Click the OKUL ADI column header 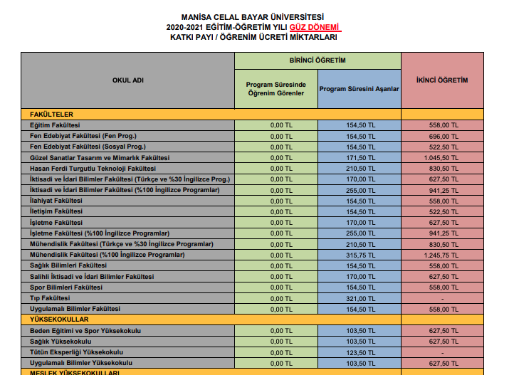click(128, 80)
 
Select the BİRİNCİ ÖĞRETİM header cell click(318, 60)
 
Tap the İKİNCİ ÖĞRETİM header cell click(441, 80)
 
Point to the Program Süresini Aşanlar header click(360, 89)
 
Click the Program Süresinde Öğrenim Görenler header click(276, 89)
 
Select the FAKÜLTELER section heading click(52, 114)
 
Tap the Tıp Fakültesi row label click(50, 297)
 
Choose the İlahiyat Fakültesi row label click(56, 201)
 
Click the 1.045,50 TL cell click(441, 157)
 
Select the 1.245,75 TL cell click(441, 254)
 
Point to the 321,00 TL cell click(360, 297)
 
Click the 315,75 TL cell click(360, 254)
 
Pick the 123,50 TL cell click(360, 352)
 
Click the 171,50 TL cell click(360, 157)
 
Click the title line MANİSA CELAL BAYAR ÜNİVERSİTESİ click(253, 16)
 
